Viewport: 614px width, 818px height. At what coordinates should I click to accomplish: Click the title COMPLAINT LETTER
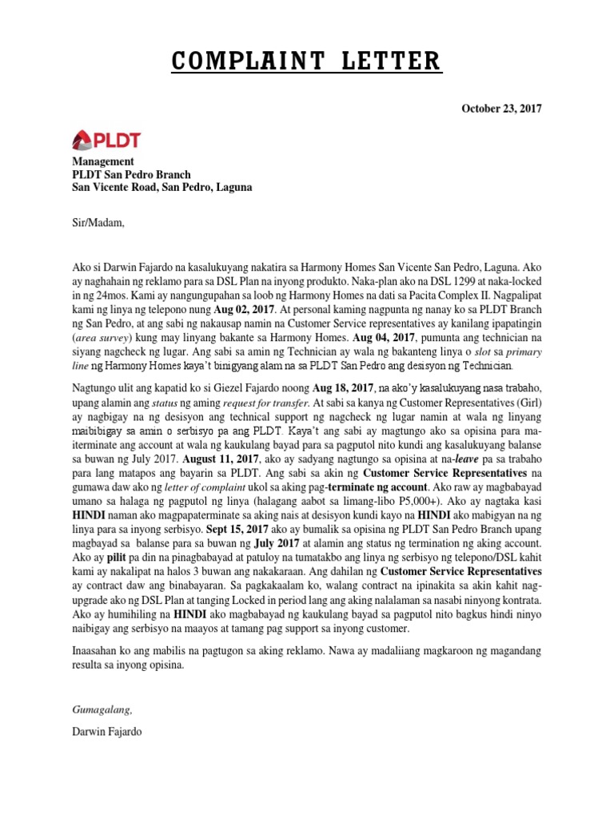click(x=305, y=61)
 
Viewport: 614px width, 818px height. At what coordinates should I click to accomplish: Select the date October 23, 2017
click(x=500, y=109)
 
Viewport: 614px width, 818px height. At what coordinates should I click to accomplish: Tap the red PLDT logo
click(x=106, y=141)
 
